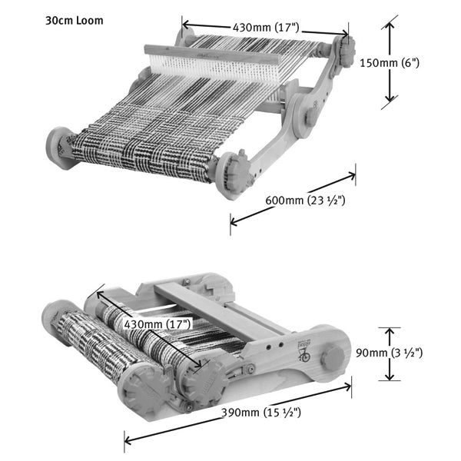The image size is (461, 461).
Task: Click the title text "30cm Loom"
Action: (75, 21)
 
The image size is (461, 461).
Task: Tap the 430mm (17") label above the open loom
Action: (266, 28)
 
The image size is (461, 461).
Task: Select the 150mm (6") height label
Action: (390, 63)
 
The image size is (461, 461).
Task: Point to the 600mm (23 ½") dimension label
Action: (305, 201)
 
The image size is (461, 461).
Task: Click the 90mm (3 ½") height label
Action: (390, 353)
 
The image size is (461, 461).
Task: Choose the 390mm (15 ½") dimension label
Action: (261, 413)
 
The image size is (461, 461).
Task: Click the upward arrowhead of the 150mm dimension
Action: (390, 26)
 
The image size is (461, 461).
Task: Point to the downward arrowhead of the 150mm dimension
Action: (390, 98)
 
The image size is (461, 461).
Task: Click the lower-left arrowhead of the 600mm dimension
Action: (234, 221)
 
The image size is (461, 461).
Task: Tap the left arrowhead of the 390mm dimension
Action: (128, 440)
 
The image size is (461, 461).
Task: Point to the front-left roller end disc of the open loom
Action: (58, 148)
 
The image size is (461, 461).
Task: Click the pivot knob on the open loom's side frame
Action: (312, 115)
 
